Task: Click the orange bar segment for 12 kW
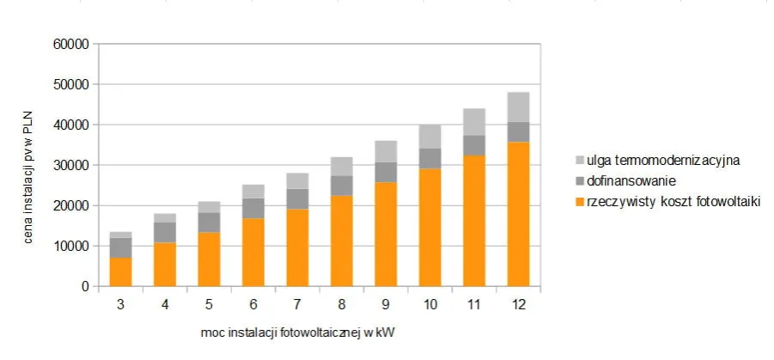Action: [518, 214]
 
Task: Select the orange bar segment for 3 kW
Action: [120, 272]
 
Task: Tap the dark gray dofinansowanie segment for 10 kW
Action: [430, 158]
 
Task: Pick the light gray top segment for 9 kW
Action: [386, 151]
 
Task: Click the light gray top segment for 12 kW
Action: [518, 107]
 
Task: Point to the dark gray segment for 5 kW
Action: [209, 223]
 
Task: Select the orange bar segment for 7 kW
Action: [297, 247]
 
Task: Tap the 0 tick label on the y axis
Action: [84, 286]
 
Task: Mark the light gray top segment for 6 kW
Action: [253, 191]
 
